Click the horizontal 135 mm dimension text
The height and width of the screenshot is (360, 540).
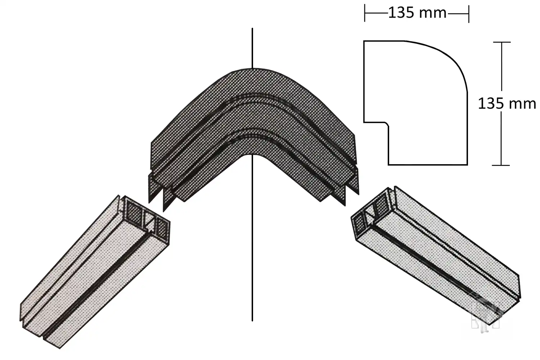417,13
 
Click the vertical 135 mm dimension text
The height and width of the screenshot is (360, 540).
507,104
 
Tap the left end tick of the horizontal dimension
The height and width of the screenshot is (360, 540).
365,13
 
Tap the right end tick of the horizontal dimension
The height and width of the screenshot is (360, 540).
469,14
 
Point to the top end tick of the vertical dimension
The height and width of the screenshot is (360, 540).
502,42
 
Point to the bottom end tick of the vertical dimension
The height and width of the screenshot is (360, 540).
501,165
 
